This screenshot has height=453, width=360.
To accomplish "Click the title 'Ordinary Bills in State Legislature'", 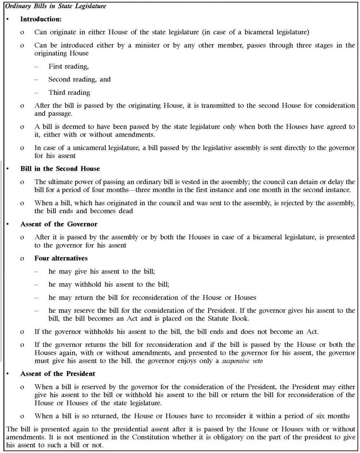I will [x=53, y=5].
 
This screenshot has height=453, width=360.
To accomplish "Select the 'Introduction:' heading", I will [x=41, y=20].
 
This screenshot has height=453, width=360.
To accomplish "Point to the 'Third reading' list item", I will [x=69, y=92].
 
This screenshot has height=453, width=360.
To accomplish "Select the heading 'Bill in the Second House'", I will [x=60, y=169].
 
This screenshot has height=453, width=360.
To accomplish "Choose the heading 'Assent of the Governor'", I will [x=59, y=224].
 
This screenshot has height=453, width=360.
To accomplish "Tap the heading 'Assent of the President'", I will [x=57, y=374].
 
